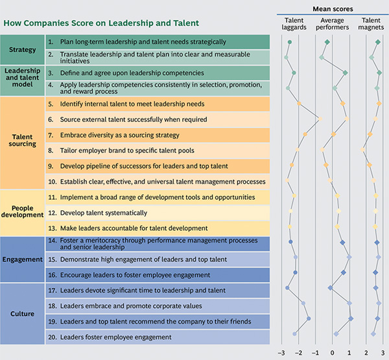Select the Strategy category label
(x=23, y=50)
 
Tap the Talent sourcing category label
(x=23, y=142)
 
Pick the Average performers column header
(x=331, y=23)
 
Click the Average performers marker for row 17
(x=330, y=287)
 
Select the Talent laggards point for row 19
(x=309, y=318)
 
